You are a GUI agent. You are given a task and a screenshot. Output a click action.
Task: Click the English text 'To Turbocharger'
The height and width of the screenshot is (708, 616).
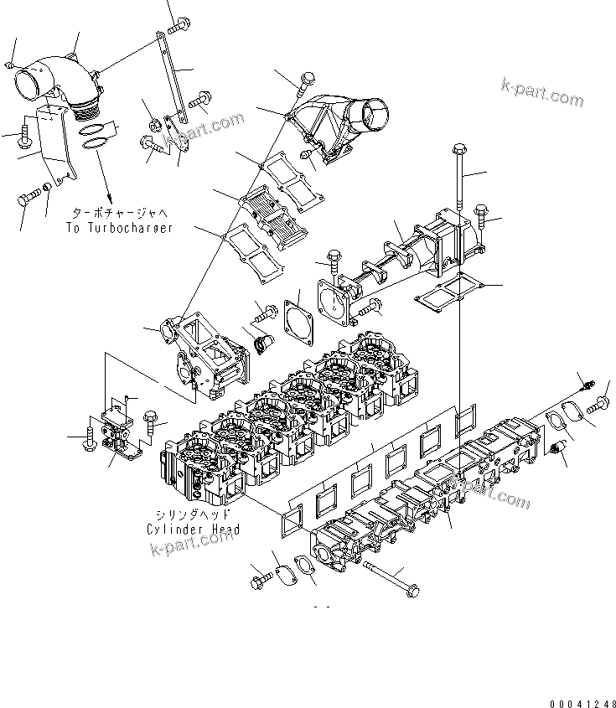(x=118, y=228)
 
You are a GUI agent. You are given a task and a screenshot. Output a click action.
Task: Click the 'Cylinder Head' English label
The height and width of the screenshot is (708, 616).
(x=193, y=529)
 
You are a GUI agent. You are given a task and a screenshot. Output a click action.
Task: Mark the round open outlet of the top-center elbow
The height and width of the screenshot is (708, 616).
(x=374, y=111)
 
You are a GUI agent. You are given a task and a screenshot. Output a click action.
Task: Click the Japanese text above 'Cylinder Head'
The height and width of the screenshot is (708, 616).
(x=193, y=514)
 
